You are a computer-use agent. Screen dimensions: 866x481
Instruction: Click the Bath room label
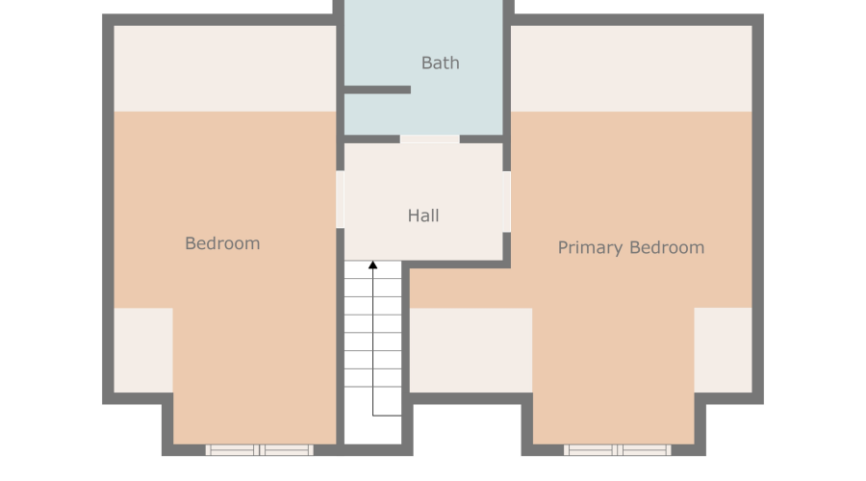[440, 63]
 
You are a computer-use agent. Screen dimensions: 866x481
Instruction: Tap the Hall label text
[423, 215]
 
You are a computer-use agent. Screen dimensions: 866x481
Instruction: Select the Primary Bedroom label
[631, 247]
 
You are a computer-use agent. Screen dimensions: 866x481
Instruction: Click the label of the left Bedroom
[222, 243]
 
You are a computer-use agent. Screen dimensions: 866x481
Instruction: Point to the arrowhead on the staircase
[372, 266]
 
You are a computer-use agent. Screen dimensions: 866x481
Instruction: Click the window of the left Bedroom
[260, 450]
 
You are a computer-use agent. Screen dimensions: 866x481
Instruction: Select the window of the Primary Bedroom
[618, 450]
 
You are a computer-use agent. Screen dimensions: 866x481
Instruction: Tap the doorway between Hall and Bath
[430, 139]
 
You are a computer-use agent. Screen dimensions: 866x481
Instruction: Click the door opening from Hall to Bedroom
[341, 199]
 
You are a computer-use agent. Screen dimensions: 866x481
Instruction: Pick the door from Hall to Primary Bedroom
[506, 201]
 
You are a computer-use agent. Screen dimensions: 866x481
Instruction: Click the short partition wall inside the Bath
[377, 89]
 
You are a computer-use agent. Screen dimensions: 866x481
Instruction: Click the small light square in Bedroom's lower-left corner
[143, 350]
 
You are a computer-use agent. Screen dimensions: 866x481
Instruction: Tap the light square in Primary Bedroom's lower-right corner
[723, 350]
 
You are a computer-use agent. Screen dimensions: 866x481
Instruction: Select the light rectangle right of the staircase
[471, 350]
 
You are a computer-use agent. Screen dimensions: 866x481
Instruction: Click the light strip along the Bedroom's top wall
[225, 68]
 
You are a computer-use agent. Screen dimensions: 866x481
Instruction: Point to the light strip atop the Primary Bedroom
[631, 68]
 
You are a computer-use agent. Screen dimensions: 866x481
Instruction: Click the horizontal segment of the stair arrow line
[387, 416]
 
